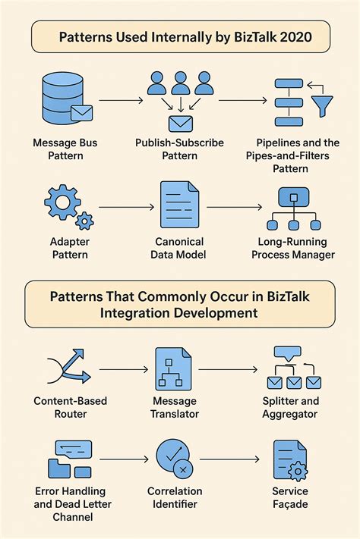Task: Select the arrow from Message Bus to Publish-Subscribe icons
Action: (x=120, y=99)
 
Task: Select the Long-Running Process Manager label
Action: (x=292, y=248)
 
